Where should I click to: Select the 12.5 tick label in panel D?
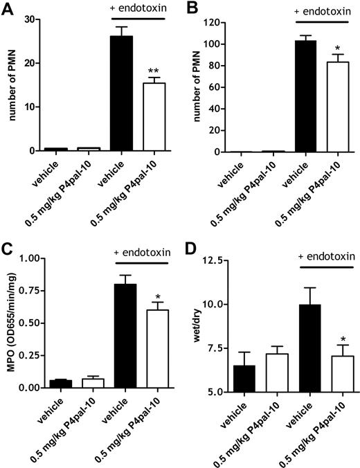[x=212, y=260]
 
